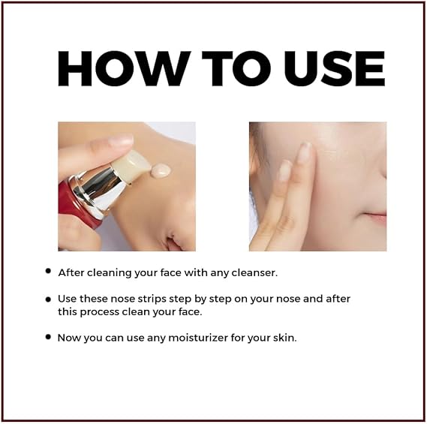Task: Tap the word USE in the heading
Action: click(334, 68)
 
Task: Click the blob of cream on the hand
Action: click(161, 170)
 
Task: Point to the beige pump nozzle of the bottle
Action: click(131, 165)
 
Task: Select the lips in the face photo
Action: click(377, 216)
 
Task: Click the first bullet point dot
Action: click(49, 271)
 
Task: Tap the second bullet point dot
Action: click(49, 299)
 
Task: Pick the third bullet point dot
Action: click(49, 337)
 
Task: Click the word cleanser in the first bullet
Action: click(254, 272)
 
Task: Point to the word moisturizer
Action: click(198, 338)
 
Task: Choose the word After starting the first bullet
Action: click(71, 272)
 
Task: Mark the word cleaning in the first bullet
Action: click(110, 273)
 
